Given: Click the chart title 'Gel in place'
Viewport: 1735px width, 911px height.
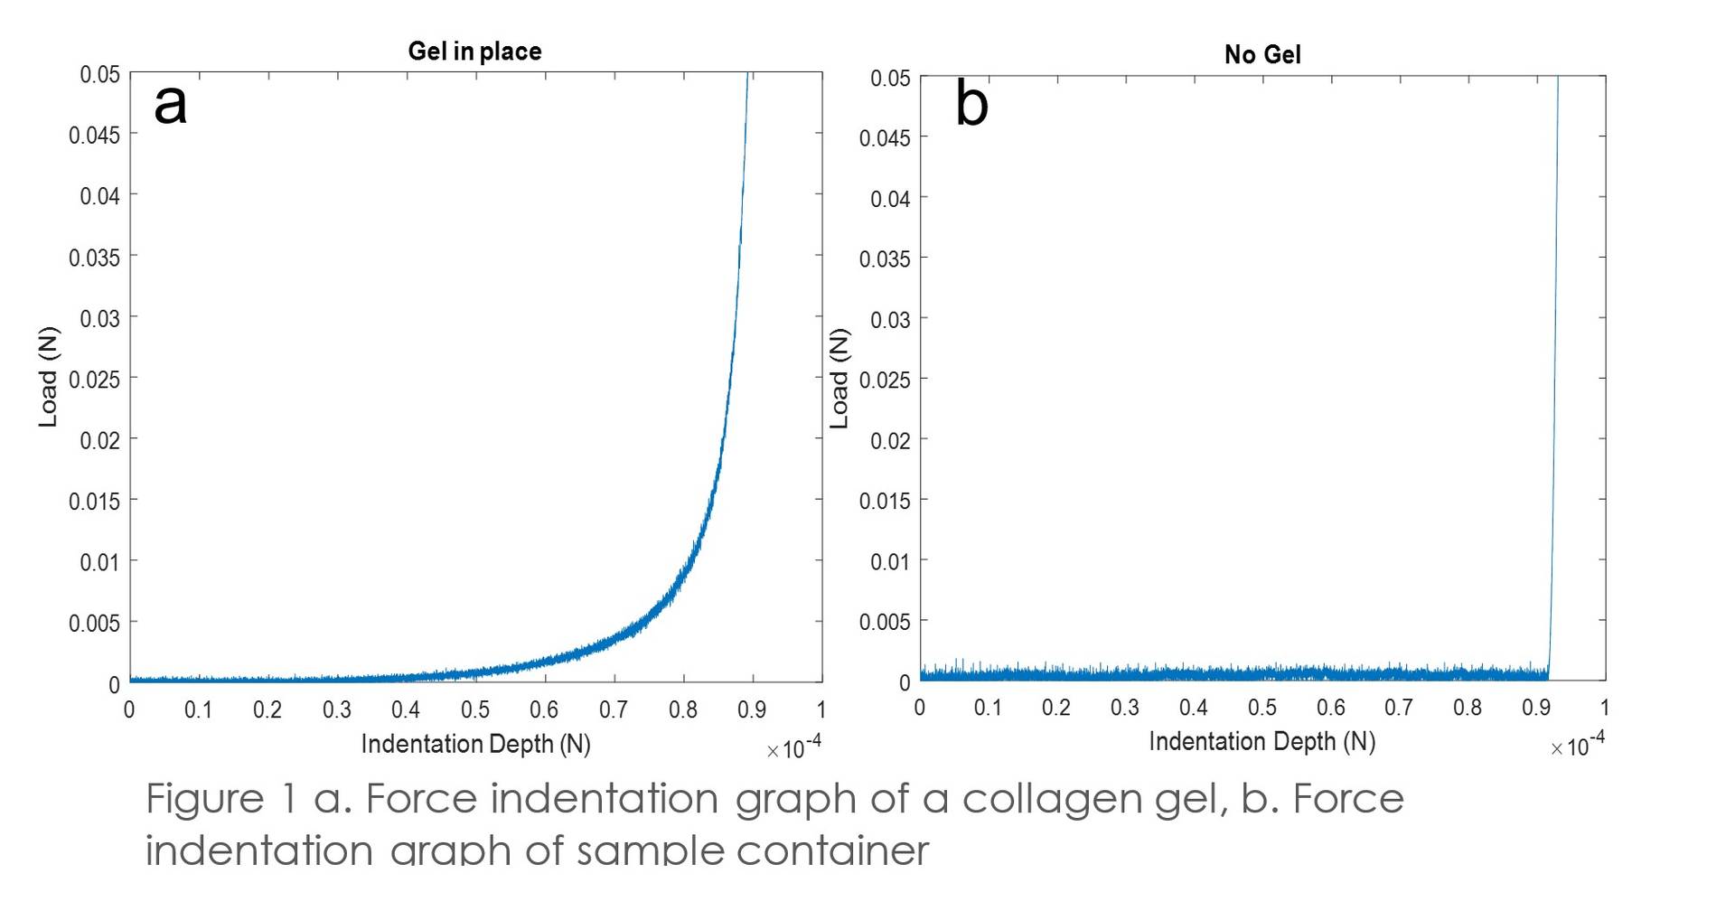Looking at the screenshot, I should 474,52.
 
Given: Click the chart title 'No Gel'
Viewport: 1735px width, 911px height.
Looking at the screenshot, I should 1261,55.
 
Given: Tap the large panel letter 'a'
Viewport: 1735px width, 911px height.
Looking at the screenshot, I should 170,104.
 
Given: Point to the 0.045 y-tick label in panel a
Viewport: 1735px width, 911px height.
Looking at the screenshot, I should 94,136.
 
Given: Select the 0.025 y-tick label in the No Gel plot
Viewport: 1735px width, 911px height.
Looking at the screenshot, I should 884,380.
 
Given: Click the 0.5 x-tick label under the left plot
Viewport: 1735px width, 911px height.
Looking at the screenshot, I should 475,710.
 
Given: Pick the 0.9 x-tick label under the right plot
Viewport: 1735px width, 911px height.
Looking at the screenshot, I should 1535,708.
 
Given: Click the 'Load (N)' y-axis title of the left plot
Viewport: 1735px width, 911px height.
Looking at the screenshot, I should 48,377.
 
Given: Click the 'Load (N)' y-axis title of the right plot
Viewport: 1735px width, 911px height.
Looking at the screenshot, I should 839,379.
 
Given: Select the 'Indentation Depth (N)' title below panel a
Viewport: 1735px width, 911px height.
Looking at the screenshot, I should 475,745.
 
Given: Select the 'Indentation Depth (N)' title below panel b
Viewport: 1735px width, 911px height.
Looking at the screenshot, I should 1261,742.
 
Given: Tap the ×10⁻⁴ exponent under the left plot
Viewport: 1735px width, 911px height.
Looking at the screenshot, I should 794,748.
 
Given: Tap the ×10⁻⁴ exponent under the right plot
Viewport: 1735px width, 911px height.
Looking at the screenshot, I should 1578,746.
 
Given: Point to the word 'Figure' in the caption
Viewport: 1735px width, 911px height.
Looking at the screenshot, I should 204,800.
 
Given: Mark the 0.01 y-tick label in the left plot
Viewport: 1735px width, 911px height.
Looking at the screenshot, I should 98,563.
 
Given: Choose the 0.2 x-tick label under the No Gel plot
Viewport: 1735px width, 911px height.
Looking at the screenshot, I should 1055,708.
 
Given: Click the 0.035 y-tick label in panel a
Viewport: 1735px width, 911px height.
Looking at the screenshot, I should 94,258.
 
